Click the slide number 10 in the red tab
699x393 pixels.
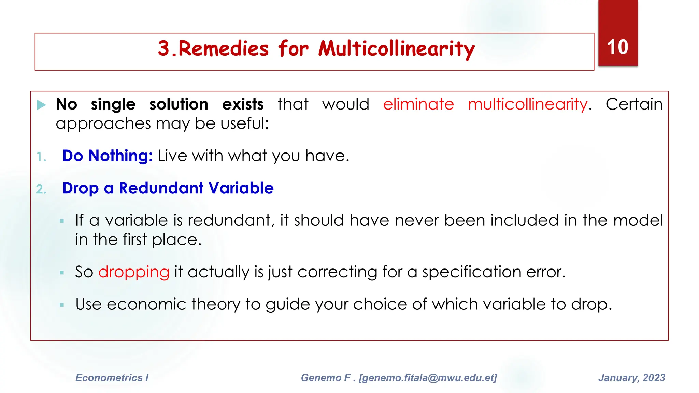click(x=617, y=47)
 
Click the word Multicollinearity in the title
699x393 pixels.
click(x=396, y=49)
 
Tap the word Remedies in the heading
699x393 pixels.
click(x=224, y=48)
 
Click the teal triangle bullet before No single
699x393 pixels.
click(x=41, y=105)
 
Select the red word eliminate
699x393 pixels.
click(x=418, y=104)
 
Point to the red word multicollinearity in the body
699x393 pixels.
click(x=528, y=104)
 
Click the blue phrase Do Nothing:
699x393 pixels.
click(x=107, y=156)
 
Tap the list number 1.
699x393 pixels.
click(x=41, y=157)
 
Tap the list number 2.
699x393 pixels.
click(x=41, y=189)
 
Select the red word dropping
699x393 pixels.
click(x=134, y=272)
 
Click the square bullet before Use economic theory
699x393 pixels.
click(x=62, y=305)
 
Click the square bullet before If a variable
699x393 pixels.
click(x=62, y=221)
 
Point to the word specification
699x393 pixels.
click(x=472, y=272)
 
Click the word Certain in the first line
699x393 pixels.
click(x=634, y=104)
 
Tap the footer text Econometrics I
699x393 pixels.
click(x=112, y=378)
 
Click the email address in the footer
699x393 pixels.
click(x=428, y=378)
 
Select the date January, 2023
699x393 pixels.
click(x=631, y=378)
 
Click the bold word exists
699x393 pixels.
click(x=243, y=104)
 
